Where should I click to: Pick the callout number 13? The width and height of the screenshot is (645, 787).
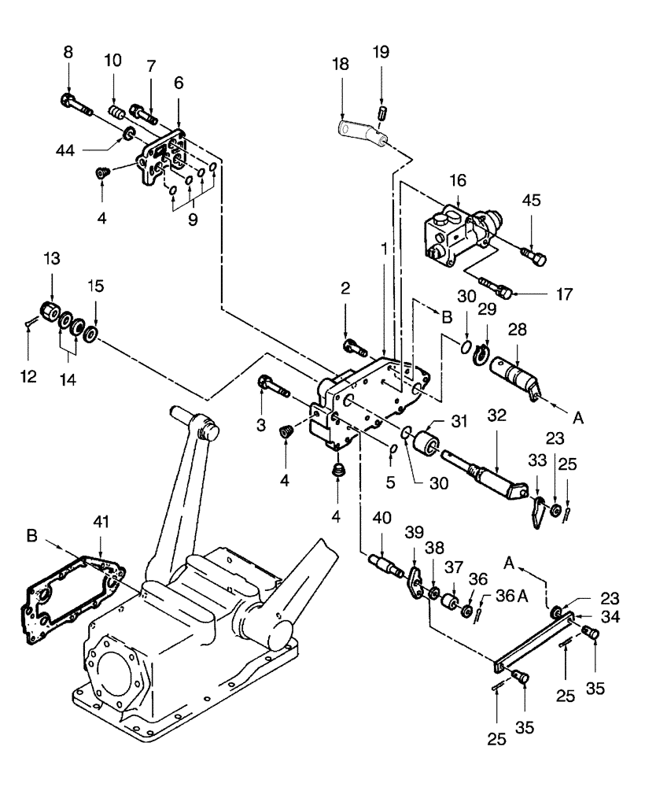pyautogui.click(x=50, y=260)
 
